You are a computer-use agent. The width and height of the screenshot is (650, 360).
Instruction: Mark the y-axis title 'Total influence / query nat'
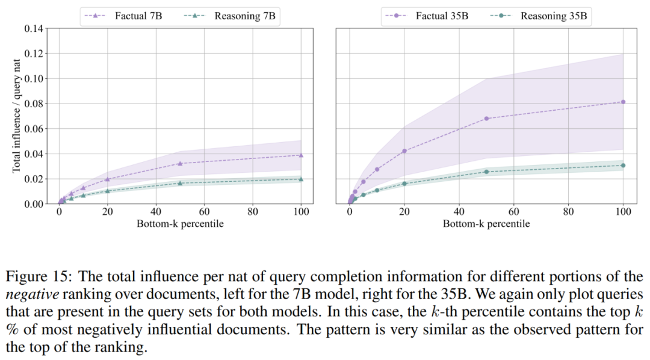tap(17, 116)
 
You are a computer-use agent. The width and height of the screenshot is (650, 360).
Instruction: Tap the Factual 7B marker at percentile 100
tap(301, 155)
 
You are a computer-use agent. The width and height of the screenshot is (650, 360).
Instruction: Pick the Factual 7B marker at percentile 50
tap(180, 163)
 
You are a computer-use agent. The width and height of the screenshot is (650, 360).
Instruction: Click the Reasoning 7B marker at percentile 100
tap(301, 179)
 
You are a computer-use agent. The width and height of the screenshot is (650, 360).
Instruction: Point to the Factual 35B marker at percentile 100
tap(623, 102)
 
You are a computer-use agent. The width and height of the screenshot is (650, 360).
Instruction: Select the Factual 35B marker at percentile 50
tap(486, 118)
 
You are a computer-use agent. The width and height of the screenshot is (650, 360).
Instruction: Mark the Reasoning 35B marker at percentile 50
tap(486, 172)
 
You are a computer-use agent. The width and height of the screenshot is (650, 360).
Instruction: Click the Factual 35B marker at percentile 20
tap(404, 151)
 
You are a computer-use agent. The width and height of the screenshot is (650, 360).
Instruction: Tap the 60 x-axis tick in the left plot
tap(204, 212)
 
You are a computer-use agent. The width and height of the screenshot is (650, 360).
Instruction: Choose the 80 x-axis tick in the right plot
tap(568, 212)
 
